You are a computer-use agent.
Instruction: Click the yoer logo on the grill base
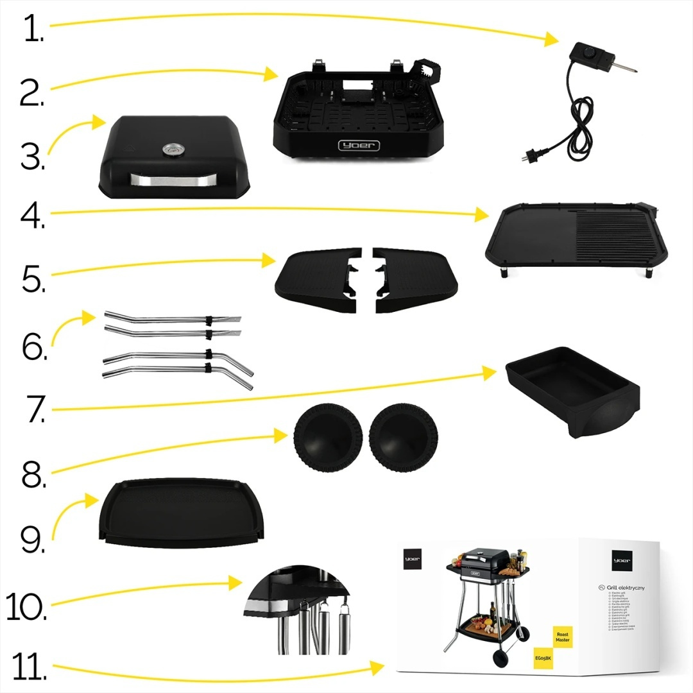click(359, 146)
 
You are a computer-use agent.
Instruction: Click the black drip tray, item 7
click(571, 391)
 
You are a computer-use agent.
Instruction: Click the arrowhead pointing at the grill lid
click(100, 121)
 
